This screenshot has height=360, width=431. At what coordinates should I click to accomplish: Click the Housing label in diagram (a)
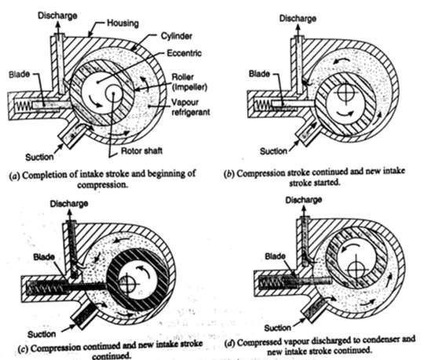(122, 23)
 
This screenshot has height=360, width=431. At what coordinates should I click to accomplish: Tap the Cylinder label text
(176, 36)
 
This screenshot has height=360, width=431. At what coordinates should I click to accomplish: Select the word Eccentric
(184, 53)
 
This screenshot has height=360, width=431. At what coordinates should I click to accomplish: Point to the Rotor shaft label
(142, 151)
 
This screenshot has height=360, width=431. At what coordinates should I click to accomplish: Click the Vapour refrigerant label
(191, 107)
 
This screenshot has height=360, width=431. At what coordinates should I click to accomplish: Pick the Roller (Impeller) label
(189, 82)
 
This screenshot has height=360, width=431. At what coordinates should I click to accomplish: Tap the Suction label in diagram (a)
(39, 157)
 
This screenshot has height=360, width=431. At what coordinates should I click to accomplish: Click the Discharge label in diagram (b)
(298, 18)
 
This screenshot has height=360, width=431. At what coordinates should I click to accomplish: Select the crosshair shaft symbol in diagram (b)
(344, 93)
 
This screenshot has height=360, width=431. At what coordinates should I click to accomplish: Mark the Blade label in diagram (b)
(259, 74)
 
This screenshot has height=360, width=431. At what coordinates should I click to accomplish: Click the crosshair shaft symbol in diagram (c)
(127, 284)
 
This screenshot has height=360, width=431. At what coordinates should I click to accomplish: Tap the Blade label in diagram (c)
(44, 257)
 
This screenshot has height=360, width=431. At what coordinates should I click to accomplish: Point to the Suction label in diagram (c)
(42, 334)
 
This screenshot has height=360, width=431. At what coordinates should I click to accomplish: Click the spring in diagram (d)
(272, 283)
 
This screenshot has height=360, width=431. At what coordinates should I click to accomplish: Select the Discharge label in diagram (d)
(304, 200)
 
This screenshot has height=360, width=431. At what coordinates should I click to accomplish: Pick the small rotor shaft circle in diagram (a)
(113, 93)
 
